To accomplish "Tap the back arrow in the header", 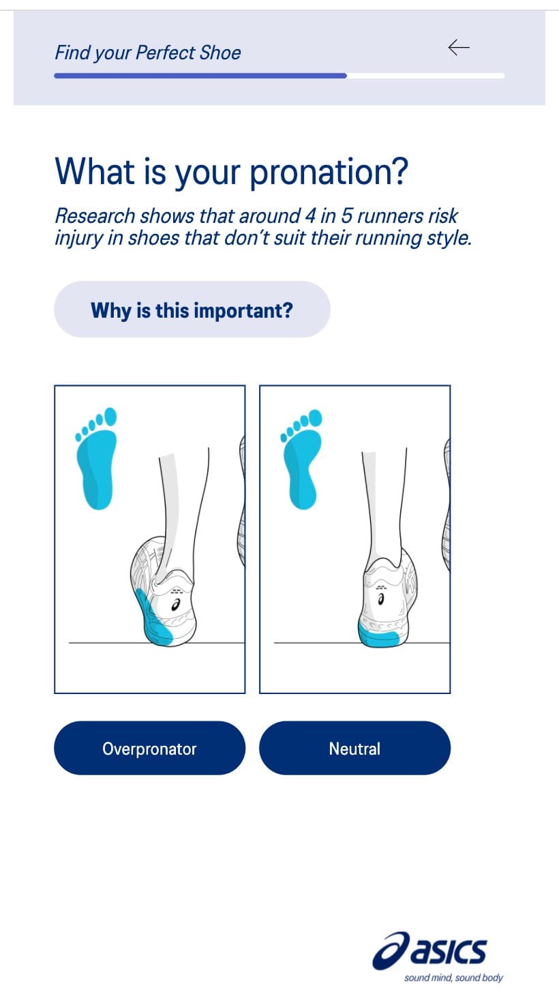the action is tap(459, 47).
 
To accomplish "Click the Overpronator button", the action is tap(149, 748).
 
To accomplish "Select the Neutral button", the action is tap(354, 748).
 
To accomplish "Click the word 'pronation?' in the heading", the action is tap(329, 172).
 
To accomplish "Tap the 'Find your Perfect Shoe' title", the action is tap(148, 52).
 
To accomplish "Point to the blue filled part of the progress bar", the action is tap(200, 76).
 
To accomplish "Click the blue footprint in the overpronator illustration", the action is tap(96, 458).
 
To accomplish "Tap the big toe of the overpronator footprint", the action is tap(110, 417).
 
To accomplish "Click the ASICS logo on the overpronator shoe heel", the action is tap(176, 605).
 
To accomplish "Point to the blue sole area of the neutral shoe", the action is tap(378, 635).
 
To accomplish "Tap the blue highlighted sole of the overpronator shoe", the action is tap(153, 619).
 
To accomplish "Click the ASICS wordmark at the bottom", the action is tap(429, 950).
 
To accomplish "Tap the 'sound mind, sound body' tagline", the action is tap(453, 978).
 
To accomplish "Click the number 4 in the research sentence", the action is tap(310, 216).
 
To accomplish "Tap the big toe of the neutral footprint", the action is tap(316, 418).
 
